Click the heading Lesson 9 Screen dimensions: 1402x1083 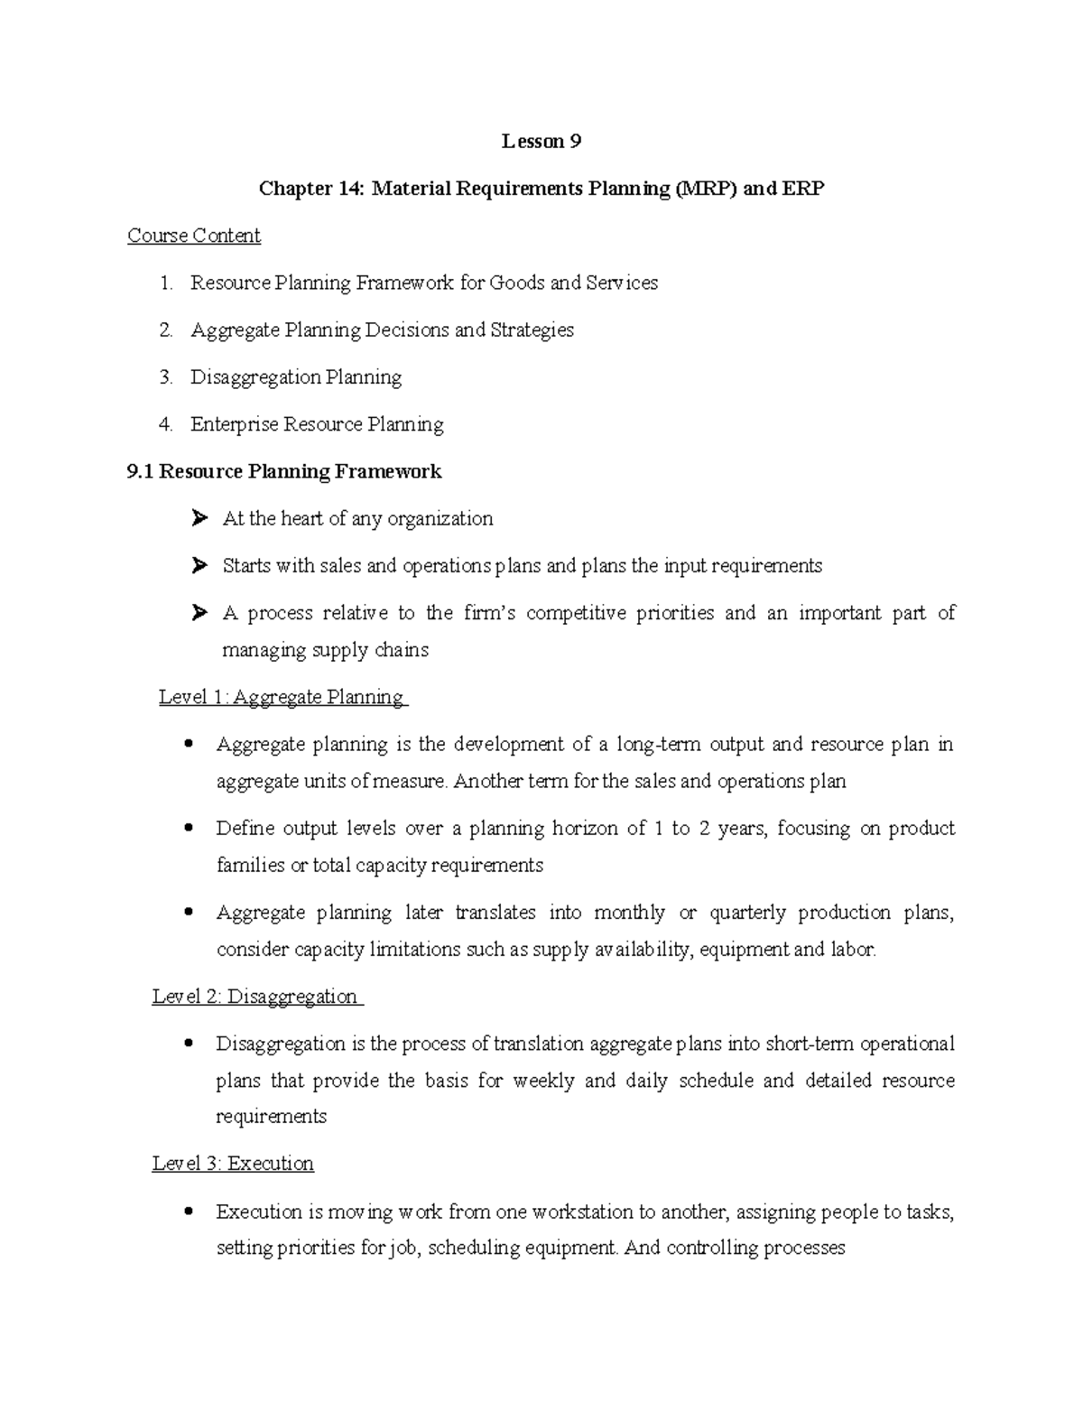click(x=541, y=142)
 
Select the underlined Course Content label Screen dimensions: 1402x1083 click(x=194, y=236)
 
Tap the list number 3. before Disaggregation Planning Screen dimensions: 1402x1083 click(x=165, y=377)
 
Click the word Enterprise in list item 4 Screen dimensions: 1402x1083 click(x=234, y=424)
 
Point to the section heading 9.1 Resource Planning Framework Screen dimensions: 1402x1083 click(x=285, y=471)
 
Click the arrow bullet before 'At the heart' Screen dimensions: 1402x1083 click(x=199, y=519)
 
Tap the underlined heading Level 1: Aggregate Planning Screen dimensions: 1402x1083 click(x=282, y=697)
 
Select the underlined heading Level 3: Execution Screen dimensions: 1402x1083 click(x=233, y=1164)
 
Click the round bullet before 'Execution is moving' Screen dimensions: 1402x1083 click(x=188, y=1212)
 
